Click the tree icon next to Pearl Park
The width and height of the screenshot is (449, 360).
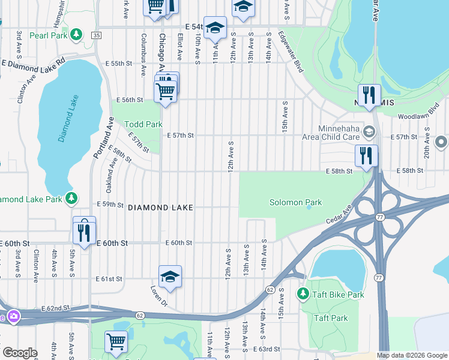pyautogui.click(x=76, y=34)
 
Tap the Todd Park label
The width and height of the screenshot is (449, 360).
pyautogui.click(x=143, y=124)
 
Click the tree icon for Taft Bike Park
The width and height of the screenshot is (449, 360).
pyautogui.click(x=304, y=293)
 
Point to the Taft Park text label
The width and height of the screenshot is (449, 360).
pyautogui.click(x=330, y=318)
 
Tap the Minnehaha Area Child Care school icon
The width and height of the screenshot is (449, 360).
pyautogui.click(x=369, y=131)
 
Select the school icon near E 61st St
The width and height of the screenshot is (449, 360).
pyautogui.click(x=170, y=276)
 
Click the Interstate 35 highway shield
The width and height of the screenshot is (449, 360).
pyautogui.click(x=96, y=36)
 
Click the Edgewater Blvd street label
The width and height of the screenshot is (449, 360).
pyautogui.click(x=290, y=52)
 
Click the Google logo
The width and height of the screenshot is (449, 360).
pyautogui.click(x=20, y=353)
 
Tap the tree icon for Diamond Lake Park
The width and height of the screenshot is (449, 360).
pyautogui.click(x=71, y=197)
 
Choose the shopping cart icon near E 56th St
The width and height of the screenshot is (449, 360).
pyautogui.click(x=165, y=92)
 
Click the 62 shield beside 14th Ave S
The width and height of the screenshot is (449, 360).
pyautogui.click(x=271, y=290)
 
